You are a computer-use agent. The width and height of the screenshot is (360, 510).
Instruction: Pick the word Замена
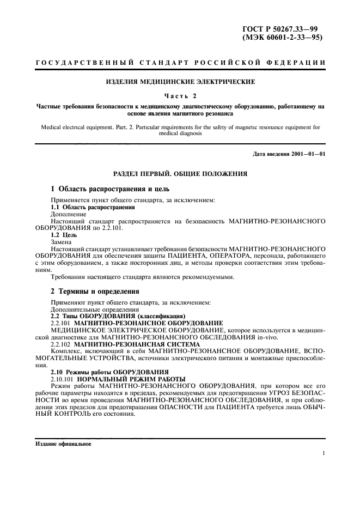(62, 242)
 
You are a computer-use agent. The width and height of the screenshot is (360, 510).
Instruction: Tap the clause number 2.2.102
(60, 344)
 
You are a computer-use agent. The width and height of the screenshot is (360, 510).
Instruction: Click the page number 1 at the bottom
(324, 453)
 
